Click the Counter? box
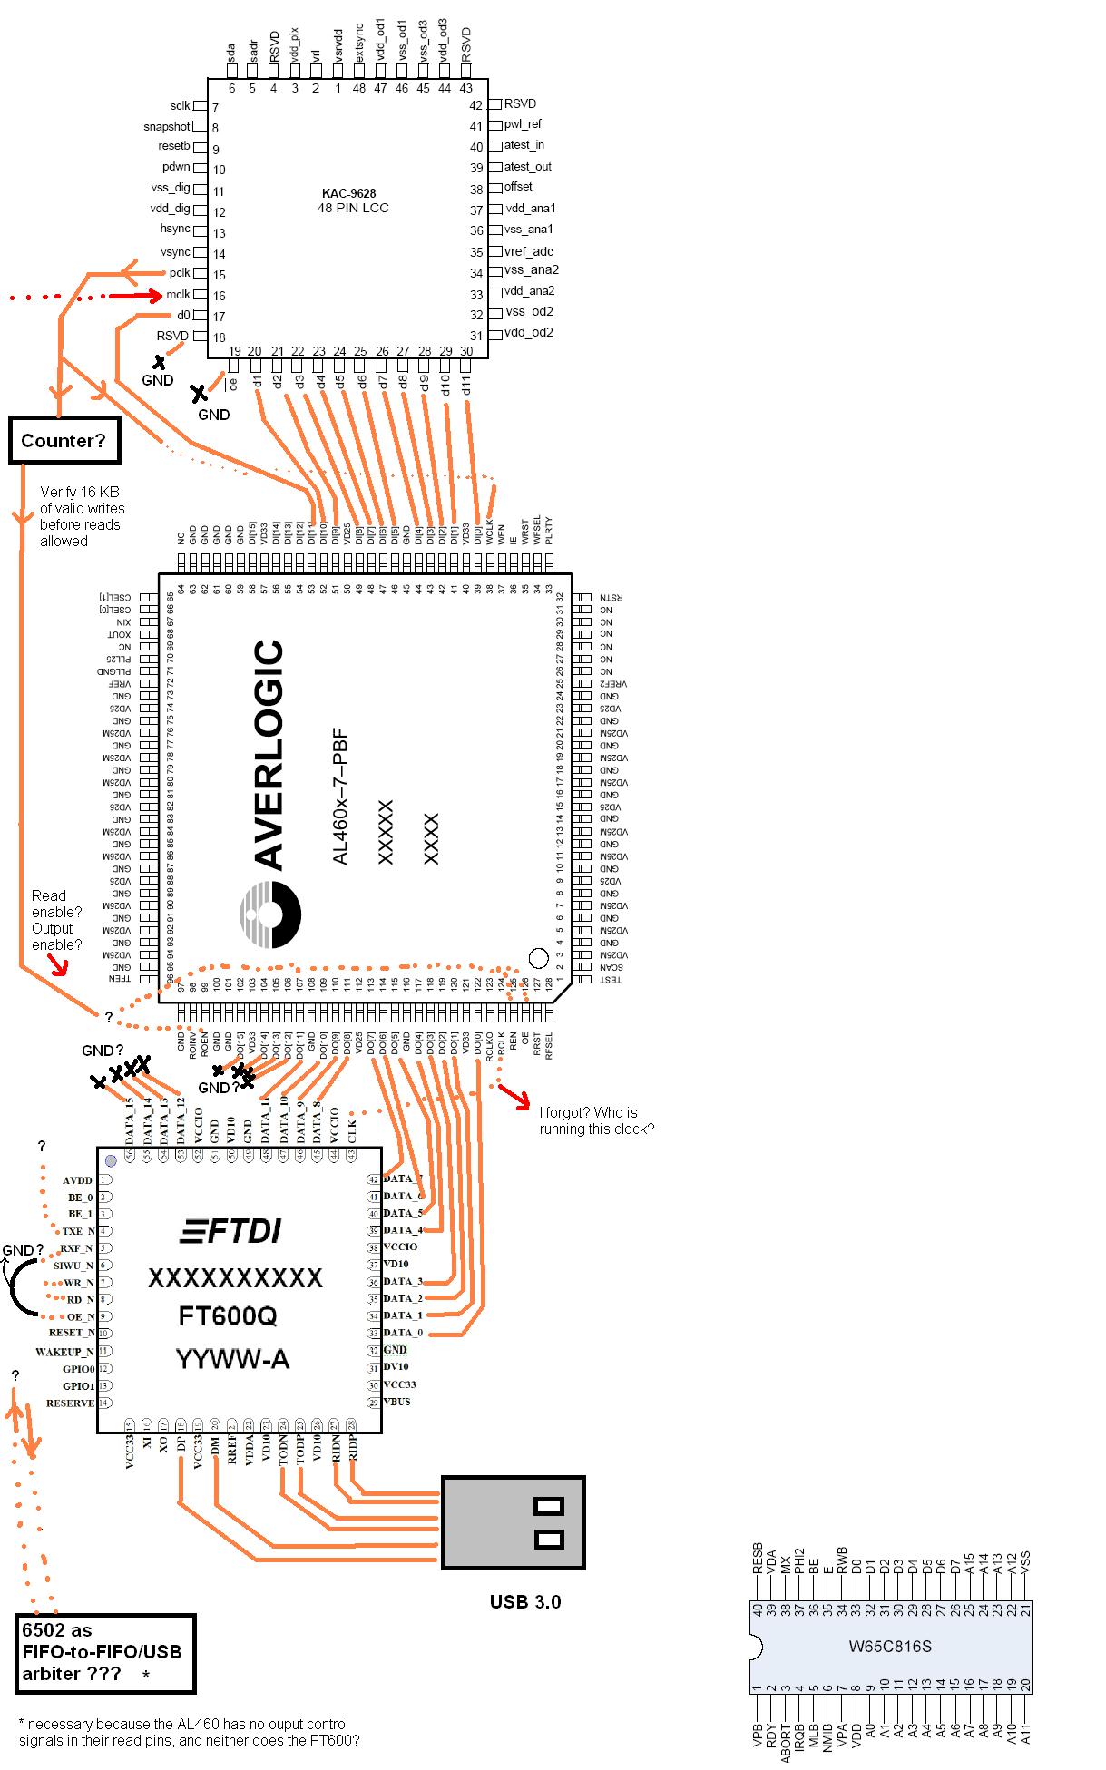tap(64, 441)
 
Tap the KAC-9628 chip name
tap(348, 193)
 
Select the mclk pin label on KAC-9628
tap(178, 295)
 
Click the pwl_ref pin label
tap(523, 124)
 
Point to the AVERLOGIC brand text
tap(269, 755)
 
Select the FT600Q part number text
tap(228, 1316)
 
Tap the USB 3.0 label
tap(525, 1601)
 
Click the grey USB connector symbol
tap(513, 1523)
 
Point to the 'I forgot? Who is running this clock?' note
tap(596, 1120)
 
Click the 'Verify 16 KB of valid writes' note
tap(82, 516)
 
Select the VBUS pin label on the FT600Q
tap(396, 1402)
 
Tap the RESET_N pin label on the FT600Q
tap(72, 1333)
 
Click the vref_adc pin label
tap(528, 251)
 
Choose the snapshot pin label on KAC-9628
tap(167, 127)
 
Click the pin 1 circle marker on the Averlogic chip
tap(538, 957)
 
